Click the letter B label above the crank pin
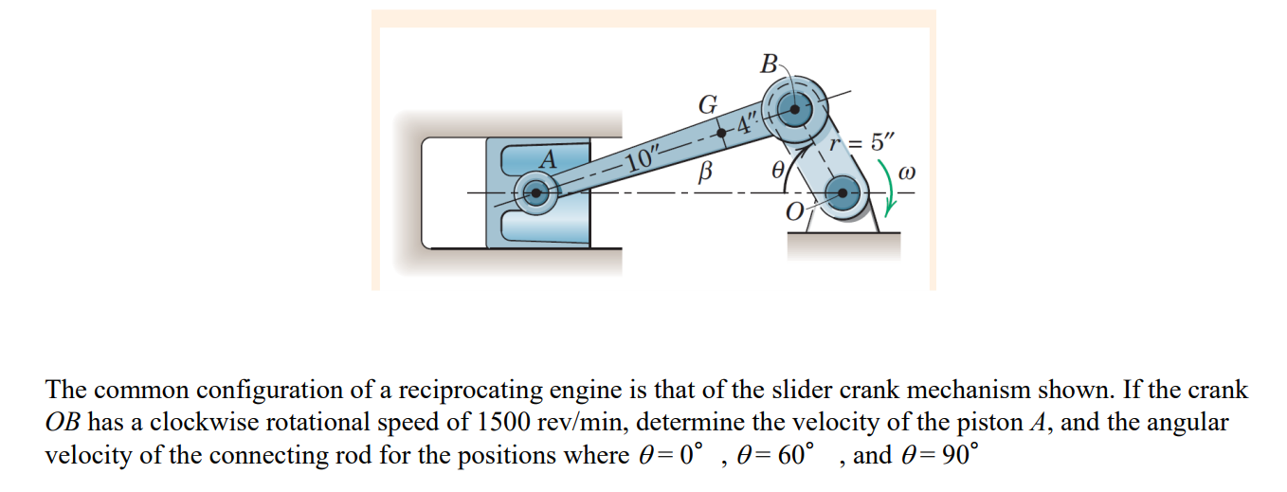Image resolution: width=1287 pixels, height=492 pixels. pos(770,64)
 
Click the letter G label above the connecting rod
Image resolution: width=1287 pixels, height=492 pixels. pos(707,105)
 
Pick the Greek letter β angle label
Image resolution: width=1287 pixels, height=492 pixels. pos(703,173)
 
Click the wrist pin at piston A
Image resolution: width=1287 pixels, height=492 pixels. pos(535,194)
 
